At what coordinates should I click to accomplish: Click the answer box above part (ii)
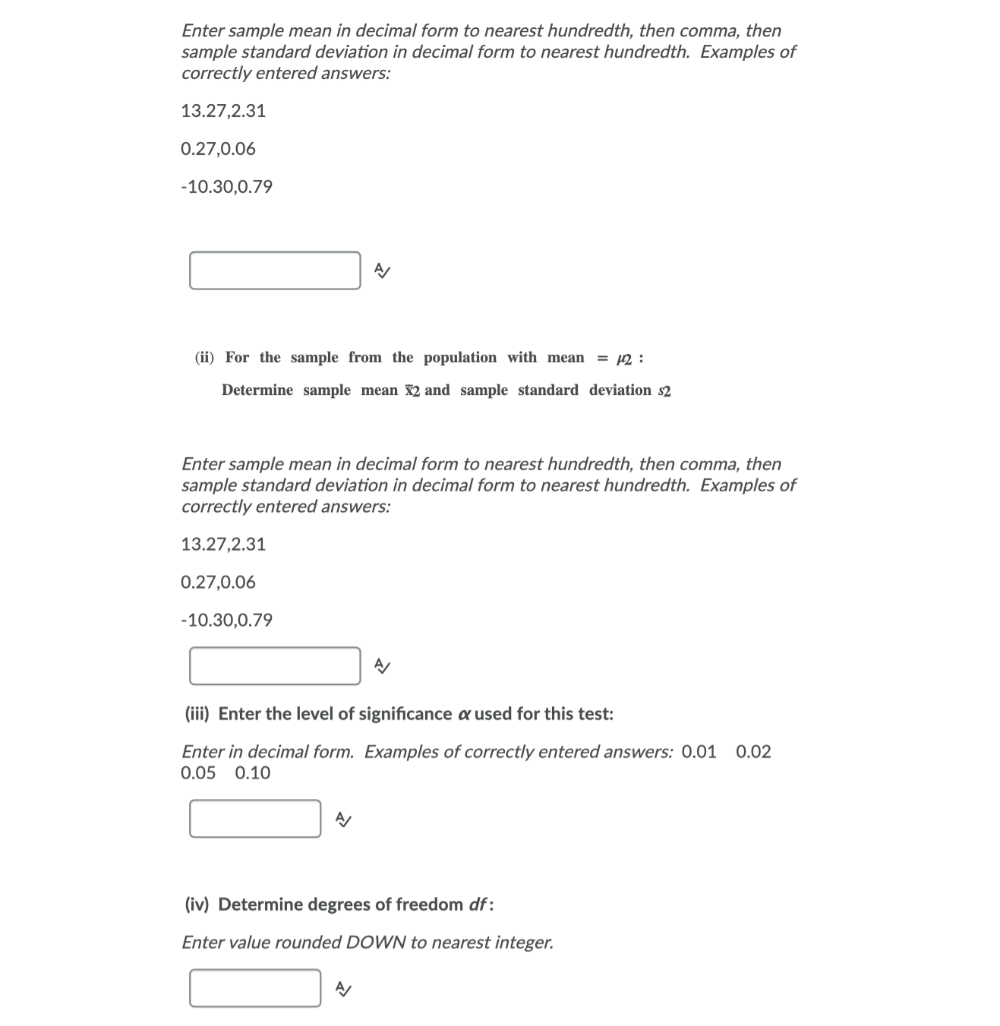pos(275,270)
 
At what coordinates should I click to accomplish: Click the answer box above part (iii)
pos(275,666)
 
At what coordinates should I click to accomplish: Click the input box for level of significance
pos(255,819)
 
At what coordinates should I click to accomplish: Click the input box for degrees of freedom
pos(255,988)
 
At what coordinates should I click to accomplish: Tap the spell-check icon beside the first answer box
pos(383,270)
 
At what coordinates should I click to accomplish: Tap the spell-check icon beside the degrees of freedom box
pos(343,989)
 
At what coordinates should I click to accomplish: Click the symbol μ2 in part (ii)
pos(624,358)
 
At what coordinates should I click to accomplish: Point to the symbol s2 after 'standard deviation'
pos(664,391)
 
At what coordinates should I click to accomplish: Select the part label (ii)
pos(204,358)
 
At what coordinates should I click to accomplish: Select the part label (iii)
pos(198,714)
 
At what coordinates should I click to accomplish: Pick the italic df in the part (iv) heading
pos(478,904)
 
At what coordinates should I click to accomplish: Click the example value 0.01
pos(699,752)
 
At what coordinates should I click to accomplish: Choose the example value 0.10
pos(253,773)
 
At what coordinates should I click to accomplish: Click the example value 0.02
pos(753,752)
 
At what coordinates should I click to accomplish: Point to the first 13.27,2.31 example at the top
pos(223,111)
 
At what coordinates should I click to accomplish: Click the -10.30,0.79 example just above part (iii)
pos(226,620)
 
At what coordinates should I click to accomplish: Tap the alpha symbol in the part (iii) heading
pos(464,715)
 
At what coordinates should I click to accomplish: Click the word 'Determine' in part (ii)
pos(257,390)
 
